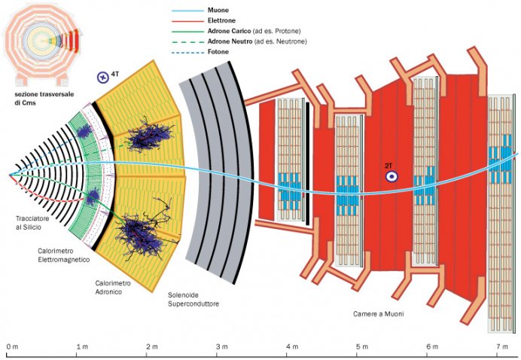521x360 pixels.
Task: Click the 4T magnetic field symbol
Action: click(104, 75)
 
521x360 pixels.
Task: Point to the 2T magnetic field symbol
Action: click(392, 175)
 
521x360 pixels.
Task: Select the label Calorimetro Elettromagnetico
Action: click(63, 255)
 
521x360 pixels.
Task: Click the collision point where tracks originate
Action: click(10, 174)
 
